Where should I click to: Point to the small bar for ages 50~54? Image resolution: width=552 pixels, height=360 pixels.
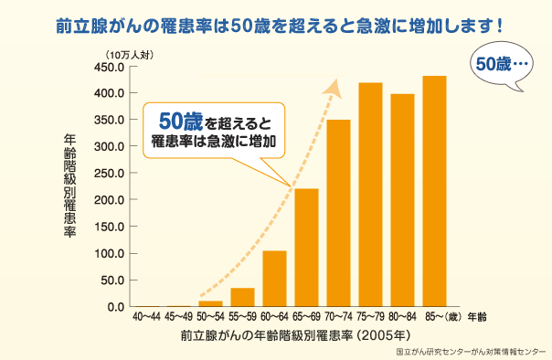point(210,303)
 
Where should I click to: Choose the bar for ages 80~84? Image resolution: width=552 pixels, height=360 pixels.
point(402,200)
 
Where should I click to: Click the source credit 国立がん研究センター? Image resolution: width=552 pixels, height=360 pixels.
point(470,350)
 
